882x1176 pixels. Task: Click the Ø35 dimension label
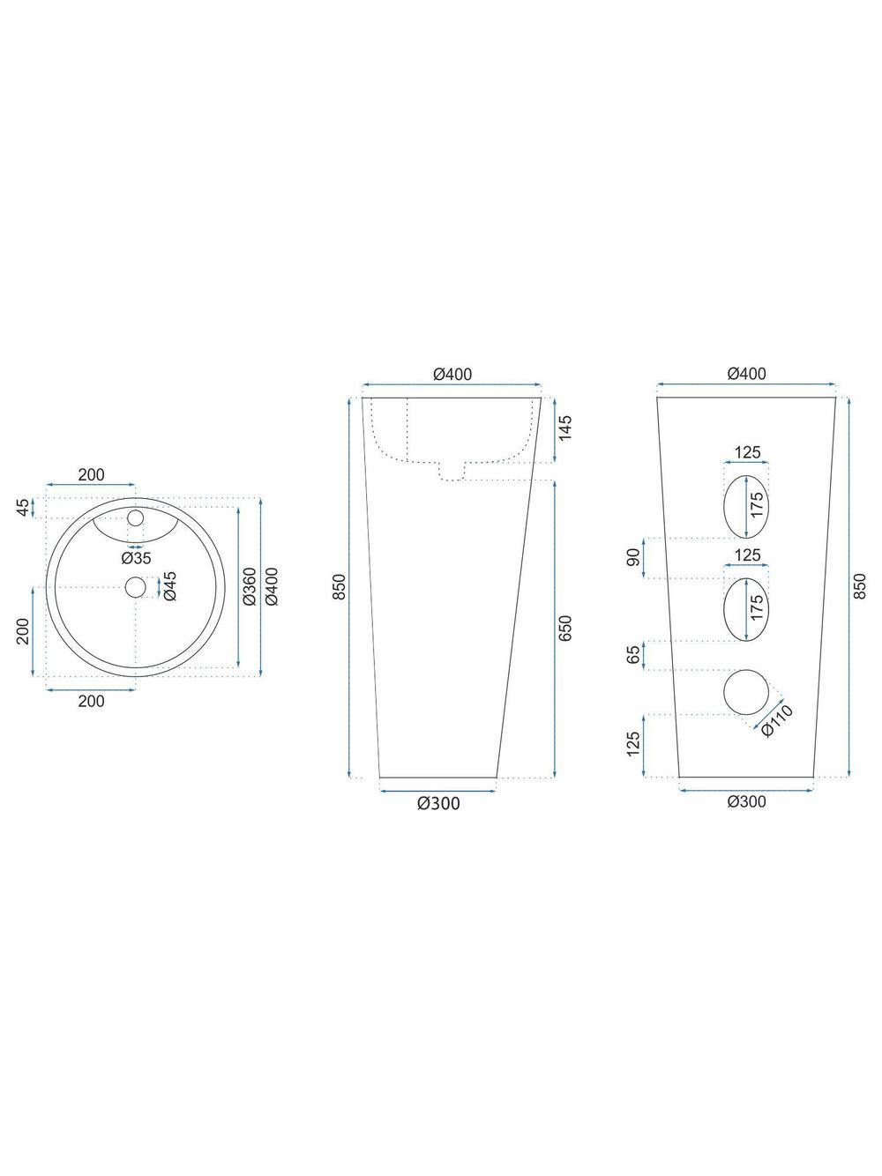(136, 558)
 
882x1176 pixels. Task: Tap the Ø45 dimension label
(169, 586)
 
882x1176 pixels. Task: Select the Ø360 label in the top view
(250, 586)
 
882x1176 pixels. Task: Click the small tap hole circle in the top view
(136, 518)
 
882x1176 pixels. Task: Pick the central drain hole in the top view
(136, 587)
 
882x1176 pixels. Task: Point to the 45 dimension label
(23, 508)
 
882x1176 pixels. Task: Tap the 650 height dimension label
(565, 628)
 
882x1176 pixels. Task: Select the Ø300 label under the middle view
(439, 803)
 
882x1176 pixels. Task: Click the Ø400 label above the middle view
(452, 374)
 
